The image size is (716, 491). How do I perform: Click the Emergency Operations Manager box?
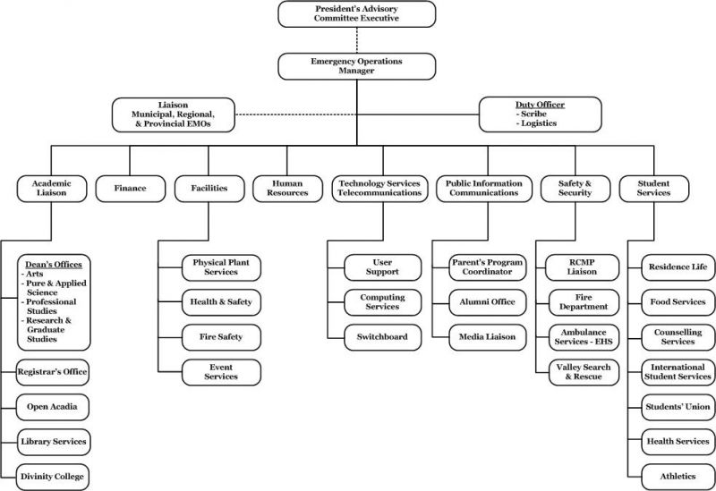(x=356, y=66)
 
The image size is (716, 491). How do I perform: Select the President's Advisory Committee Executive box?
(x=356, y=13)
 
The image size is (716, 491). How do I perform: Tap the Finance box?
(x=130, y=189)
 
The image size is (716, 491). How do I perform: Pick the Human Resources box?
(x=287, y=189)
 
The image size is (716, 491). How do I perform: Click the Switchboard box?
(x=383, y=337)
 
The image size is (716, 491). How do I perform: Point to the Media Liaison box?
(x=487, y=337)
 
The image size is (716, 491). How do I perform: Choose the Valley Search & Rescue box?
(x=584, y=372)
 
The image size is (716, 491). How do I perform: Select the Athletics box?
(x=678, y=477)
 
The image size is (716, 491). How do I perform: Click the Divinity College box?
(x=53, y=477)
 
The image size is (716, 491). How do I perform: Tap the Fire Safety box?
(x=221, y=337)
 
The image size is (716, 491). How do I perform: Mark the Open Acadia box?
(x=53, y=407)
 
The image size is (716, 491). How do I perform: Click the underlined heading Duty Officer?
(x=541, y=105)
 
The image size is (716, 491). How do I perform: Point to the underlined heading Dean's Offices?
(x=54, y=265)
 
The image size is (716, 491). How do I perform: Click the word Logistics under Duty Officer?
(x=539, y=123)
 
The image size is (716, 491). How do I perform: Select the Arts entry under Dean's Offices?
(x=34, y=275)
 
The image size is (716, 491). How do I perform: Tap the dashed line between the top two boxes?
(x=356, y=40)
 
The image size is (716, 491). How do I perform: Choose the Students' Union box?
(x=678, y=407)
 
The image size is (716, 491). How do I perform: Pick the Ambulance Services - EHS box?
(x=584, y=337)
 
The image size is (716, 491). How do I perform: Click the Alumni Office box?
(x=487, y=302)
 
